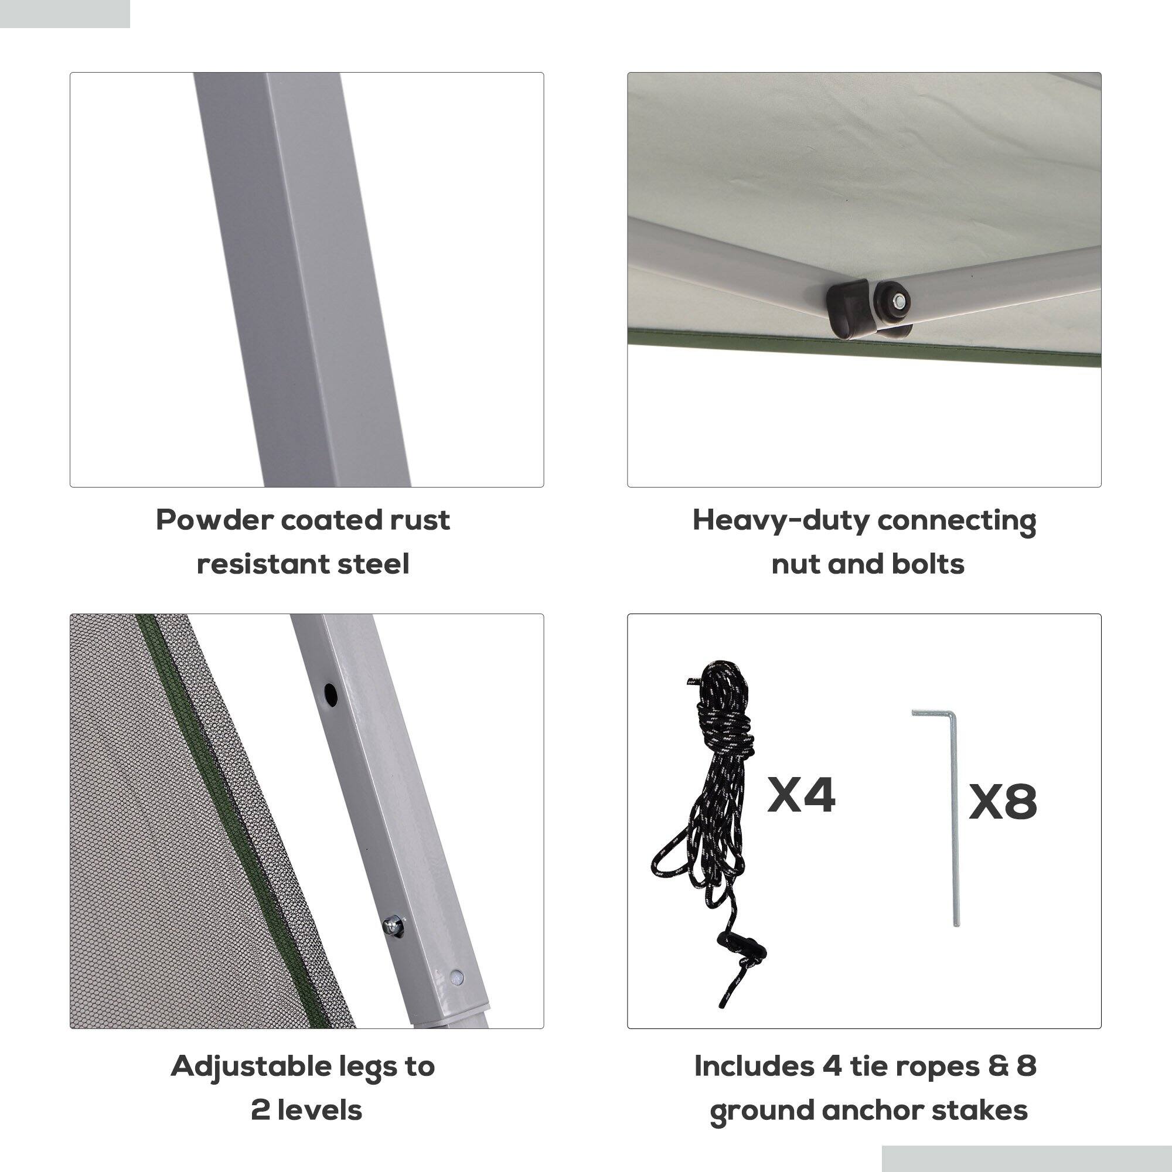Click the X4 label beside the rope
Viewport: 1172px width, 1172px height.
pos(801,794)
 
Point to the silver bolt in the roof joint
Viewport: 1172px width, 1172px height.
pos(896,299)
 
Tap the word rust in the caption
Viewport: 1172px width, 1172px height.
pos(420,520)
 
